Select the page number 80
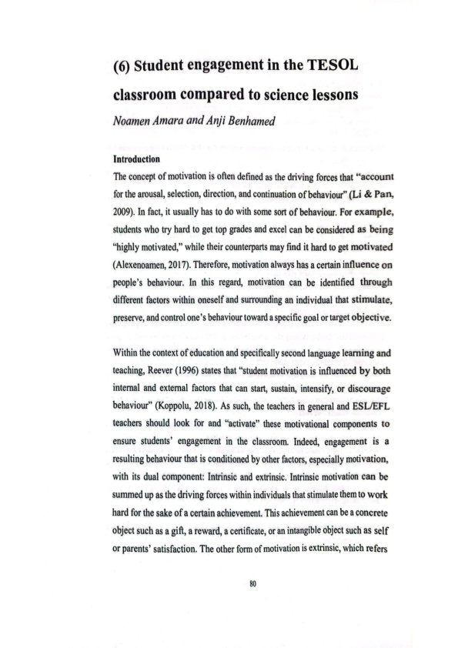coord(229,583)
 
